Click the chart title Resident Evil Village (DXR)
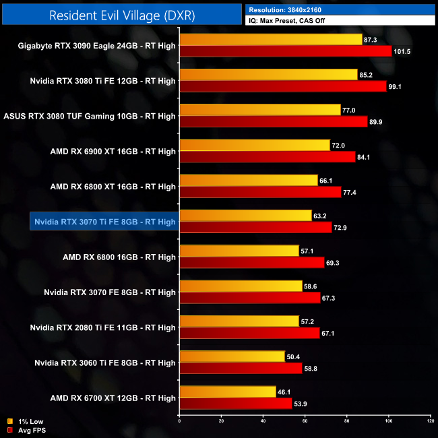tap(122, 15)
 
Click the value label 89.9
tap(377, 122)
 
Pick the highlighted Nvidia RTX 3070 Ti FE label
tap(104, 222)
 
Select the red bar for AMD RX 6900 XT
tap(267, 157)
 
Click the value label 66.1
tap(327, 180)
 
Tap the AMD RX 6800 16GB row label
tap(119, 257)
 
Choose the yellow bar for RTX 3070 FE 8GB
tap(241, 286)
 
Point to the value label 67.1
tap(329, 333)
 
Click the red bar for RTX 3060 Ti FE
tap(241, 368)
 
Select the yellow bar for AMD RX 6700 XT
tap(227, 392)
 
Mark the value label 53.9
tap(302, 404)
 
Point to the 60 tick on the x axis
tap(305, 422)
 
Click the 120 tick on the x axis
tap(430, 422)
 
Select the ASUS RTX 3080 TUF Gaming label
tap(90, 116)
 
